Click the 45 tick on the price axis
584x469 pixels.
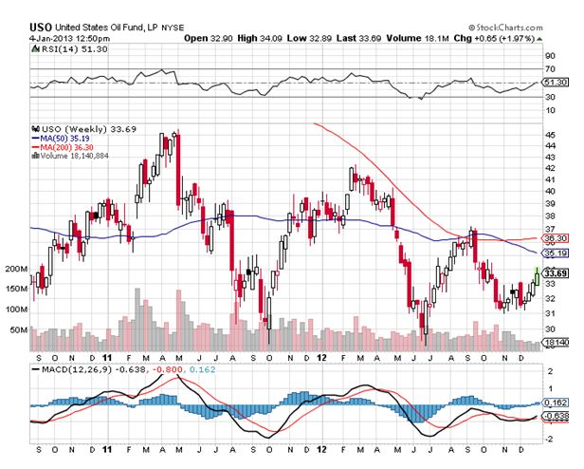coord(549,135)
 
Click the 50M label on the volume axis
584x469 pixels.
coord(18,330)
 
